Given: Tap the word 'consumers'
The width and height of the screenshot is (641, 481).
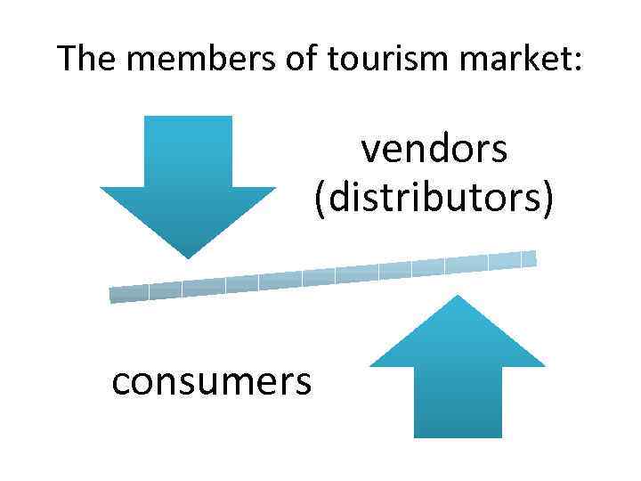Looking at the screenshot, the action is point(212,381).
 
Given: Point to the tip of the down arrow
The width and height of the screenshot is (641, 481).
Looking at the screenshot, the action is point(188,257).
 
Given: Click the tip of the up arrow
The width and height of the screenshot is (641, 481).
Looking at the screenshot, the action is point(458,298).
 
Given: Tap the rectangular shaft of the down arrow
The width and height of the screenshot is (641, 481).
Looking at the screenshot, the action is point(188,151).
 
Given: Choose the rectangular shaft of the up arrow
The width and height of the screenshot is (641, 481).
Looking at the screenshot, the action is point(458,401).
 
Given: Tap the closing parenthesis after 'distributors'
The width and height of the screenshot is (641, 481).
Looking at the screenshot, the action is point(548,199).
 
